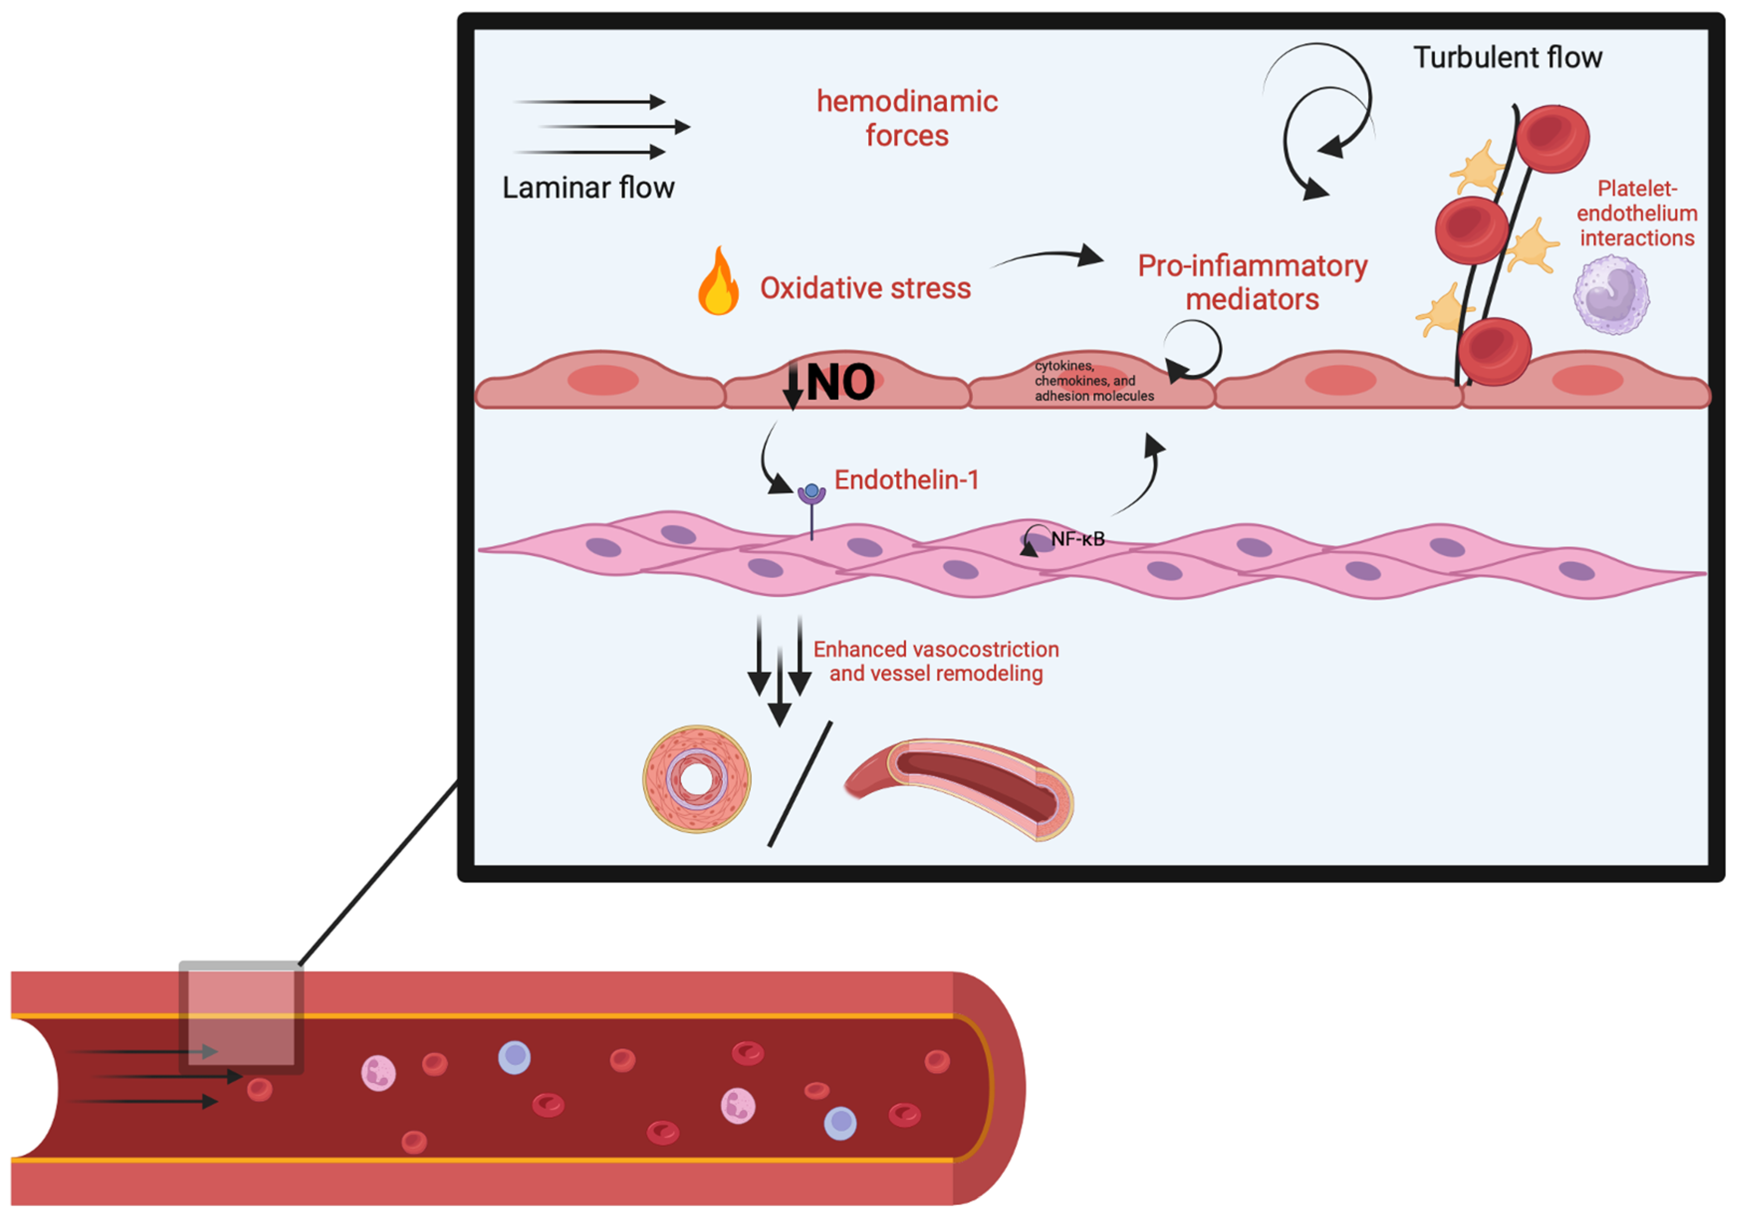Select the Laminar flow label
pos(588,188)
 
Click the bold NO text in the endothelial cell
pos(840,383)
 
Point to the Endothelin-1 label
pos(906,480)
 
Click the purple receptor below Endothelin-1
pos(812,499)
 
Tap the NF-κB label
pos(1077,539)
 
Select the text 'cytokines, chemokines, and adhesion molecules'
pos(1093,380)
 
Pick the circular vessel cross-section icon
pos(697,779)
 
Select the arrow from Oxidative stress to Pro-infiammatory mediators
pos(1048,257)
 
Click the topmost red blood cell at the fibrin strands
pos(1552,138)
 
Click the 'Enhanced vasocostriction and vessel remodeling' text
pos(936,660)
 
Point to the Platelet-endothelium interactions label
pos(1636,213)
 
